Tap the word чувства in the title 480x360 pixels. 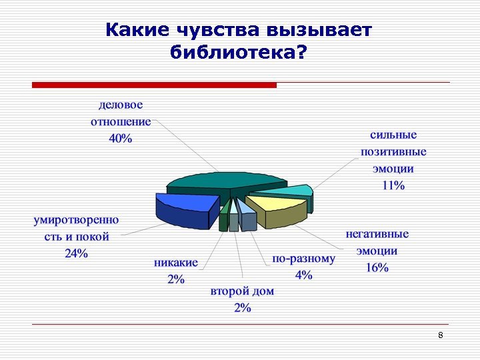(x=218, y=30)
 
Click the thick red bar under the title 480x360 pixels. (x=154, y=85)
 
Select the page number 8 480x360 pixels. (x=441, y=335)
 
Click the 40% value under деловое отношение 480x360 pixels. (x=121, y=139)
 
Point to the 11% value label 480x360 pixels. (x=393, y=185)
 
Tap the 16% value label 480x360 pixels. (x=377, y=267)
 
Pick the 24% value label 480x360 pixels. (x=76, y=253)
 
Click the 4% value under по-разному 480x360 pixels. (x=303, y=275)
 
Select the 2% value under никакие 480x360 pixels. (x=176, y=279)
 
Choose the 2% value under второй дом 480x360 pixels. (x=242, y=307)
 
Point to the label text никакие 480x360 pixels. (x=176, y=263)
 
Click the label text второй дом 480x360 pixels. (x=242, y=291)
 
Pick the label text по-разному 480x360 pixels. (x=303, y=259)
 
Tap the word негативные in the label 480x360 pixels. (x=377, y=235)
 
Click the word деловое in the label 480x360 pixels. (x=121, y=105)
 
